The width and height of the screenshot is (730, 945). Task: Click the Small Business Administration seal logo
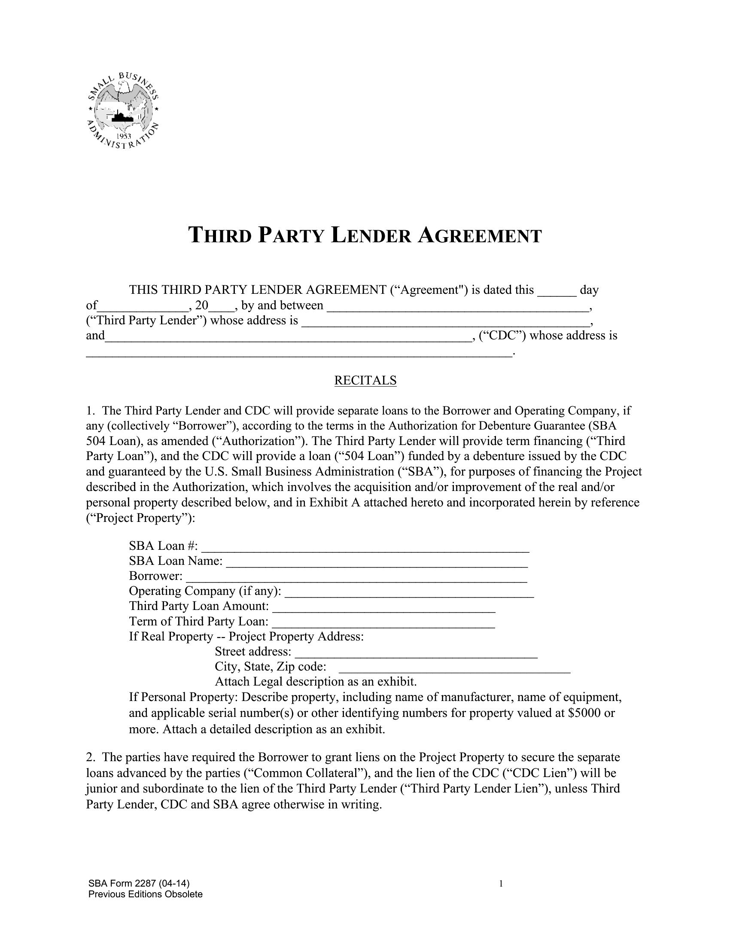(x=123, y=111)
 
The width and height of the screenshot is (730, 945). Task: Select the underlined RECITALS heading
(x=365, y=380)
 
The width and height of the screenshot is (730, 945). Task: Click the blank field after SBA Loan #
(x=365, y=547)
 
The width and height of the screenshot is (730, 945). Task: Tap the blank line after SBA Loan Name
(x=377, y=562)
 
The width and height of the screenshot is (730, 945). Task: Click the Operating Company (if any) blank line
(x=409, y=592)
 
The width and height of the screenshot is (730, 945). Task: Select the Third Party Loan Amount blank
(x=384, y=607)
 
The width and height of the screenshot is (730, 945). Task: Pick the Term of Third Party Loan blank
(x=384, y=623)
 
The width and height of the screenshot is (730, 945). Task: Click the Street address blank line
(x=416, y=652)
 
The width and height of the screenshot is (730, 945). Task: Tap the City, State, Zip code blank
(x=454, y=668)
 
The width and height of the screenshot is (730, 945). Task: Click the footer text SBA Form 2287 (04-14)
(x=139, y=884)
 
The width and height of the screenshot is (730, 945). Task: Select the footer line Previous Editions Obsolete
(x=145, y=894)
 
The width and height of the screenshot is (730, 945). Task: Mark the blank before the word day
(x=557, y=290)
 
